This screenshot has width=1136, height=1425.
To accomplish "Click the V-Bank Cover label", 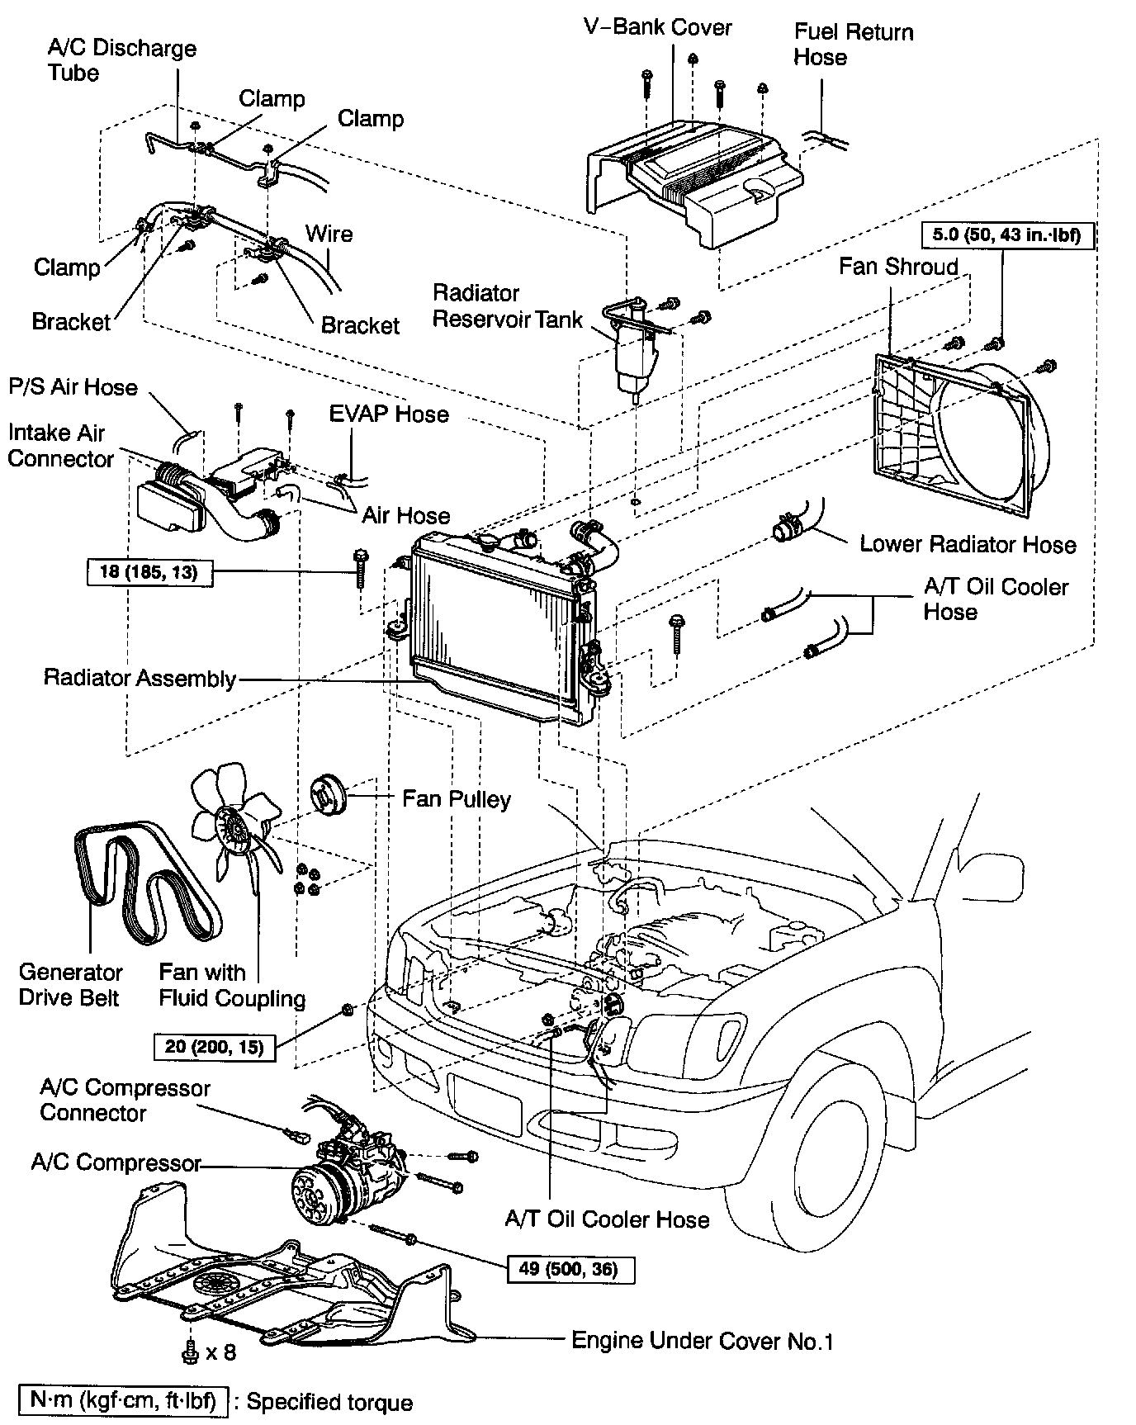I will (x=658, y=27).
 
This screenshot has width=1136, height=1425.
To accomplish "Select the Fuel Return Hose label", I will (x=853, y=45).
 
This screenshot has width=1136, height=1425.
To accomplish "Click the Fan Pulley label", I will (x=456, y=799).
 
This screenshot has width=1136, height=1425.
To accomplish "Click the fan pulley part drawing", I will (x=328, y=796).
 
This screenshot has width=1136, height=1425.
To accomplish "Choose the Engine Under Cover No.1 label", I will (x=702, y=1341).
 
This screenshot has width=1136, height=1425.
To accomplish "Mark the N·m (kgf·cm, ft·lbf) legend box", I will (x=122, y=1402).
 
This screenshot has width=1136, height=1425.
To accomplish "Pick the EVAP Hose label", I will (x=389, y=414).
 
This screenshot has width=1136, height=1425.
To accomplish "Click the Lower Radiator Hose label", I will (x=968, y=544).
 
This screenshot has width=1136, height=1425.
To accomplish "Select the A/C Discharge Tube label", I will (x=121, y=60).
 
